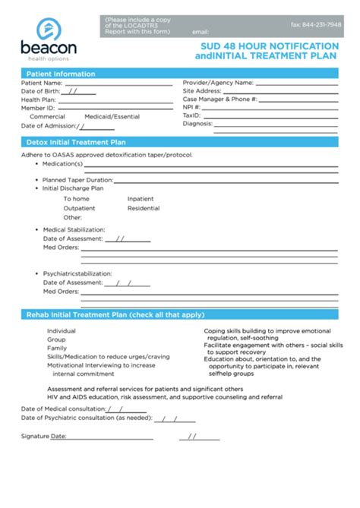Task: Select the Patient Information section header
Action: click(61, 74)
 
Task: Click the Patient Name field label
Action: click(42, 83)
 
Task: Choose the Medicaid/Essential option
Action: click(112, 116)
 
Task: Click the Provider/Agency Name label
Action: click(218, 82)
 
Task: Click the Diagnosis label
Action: click(197, 123)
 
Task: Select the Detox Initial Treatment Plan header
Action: click(76, 142)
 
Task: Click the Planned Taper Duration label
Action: click(77, 180)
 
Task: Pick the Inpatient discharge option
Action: click(141, 198)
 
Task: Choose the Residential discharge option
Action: click(144, 207)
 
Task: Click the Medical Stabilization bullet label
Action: click(74, 229)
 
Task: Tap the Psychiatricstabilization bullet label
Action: click(77, 273)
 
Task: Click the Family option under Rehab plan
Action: click(57, 348)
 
